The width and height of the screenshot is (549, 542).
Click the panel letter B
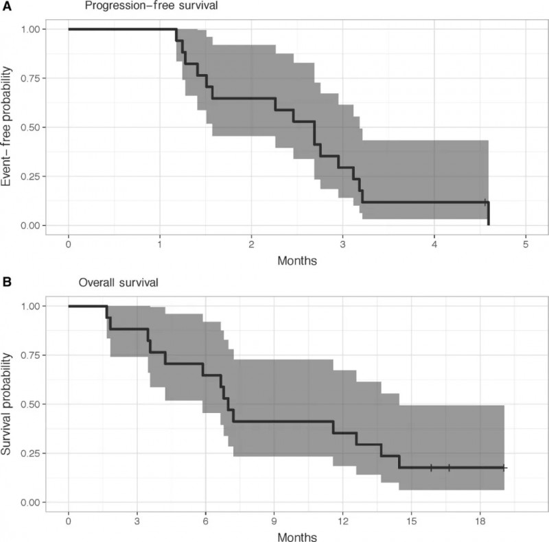tap(5, 281)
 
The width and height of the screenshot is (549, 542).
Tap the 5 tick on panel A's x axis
tap(526, 244)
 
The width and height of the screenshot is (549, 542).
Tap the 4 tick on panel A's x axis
tap(434, 244)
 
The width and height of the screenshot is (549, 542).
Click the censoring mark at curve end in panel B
tap(504, 468)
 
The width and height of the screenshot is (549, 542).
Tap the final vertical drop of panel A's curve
tap(489, 214)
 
